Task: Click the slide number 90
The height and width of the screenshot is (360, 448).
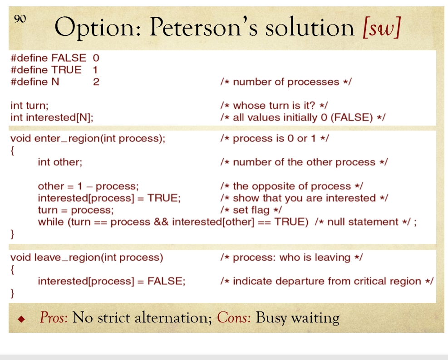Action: click(20, 19)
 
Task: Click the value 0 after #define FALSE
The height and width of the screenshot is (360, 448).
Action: click(96, 58)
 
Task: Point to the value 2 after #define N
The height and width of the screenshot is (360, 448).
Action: click(96, 82)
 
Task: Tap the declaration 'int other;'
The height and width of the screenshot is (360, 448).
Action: click(60, 162)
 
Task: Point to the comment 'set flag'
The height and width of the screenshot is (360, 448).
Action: click(251, 210)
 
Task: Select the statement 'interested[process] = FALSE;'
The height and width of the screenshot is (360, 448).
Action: click(112, 281)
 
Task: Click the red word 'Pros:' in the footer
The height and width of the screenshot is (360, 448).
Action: click(54, 317)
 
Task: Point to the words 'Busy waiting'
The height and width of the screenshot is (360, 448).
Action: click(297, 317)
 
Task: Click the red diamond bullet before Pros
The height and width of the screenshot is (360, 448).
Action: click(20, 318)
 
